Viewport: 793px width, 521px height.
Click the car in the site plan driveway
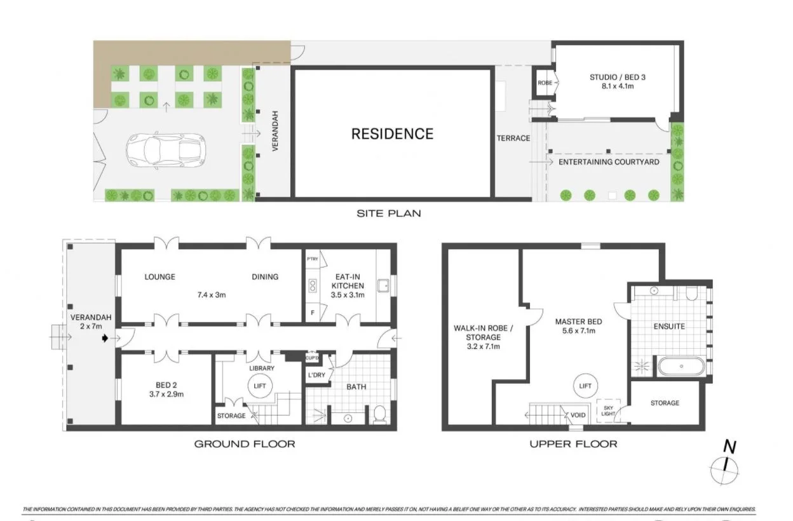[x=165, y=150]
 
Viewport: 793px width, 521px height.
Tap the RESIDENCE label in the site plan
[x=392, y=134]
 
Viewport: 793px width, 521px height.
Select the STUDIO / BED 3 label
[x=613, y=82]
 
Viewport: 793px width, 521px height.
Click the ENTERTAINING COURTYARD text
[x=609, y=162]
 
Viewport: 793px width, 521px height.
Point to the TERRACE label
[x=513, y=139]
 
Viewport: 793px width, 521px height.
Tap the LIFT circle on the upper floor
[x=585, y=386]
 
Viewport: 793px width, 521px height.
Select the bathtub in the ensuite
[x=681, y=367]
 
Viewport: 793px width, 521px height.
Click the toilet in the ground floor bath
[x=379, y=415]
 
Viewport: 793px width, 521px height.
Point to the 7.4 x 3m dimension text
[x=212, y=295]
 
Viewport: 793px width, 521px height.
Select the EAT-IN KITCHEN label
[x=348, y=286]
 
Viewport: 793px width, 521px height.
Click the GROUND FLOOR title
[x=245, y=443]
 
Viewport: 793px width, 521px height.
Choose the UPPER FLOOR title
[x=573, y=443]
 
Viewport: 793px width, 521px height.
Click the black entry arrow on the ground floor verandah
[x=105, y=339]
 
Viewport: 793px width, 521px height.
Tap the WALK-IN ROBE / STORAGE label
[x=477, y=337]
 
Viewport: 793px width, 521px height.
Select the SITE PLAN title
[x=388, y=213]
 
